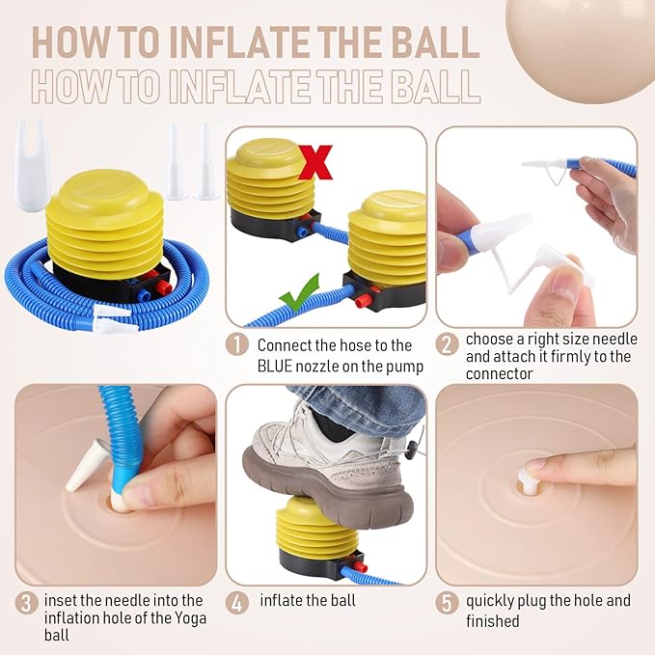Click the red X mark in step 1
point(315,162)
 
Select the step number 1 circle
point(237,345)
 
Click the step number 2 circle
point(447,344)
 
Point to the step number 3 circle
point(26,604)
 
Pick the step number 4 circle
point(237,604)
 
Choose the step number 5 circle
point(447,604)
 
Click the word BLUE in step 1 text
point(275,367)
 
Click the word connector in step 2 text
point(499,373)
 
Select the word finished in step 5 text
point(493,620)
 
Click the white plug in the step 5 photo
point(525,479)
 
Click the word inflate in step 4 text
point(281,600)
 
